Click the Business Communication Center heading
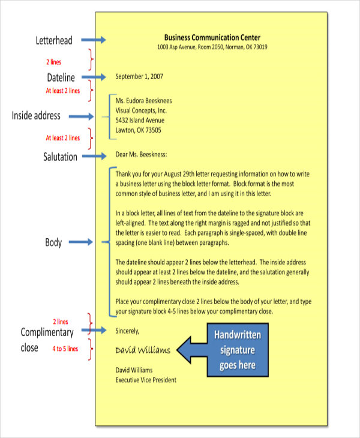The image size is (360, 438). pos(212,37)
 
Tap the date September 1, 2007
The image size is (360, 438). pos(139,76)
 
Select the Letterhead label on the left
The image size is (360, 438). pos(53,41)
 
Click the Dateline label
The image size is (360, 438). pos(61,77)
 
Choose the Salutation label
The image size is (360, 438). pos(60,157)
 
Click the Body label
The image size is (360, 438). pos(54,242)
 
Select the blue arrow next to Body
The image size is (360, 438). pos(82,242)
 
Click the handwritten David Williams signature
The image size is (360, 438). pos(142,350)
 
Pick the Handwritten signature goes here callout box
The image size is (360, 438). pos(238,349)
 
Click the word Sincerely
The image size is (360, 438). pos(127,330)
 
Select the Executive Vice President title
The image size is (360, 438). pos(146,379)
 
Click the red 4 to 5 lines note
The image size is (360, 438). pos(65,349)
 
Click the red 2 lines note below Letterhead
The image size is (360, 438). pos(53,62)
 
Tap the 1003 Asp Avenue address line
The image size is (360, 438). pos(212,47)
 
